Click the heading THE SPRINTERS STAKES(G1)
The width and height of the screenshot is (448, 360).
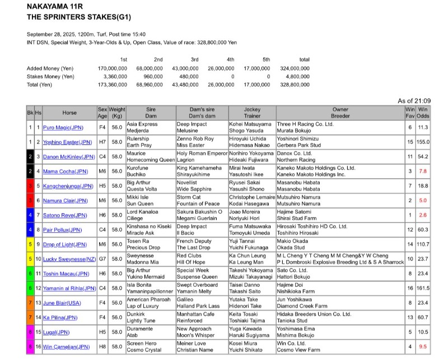point(79,17)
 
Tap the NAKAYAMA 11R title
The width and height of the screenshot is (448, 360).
point(54,6)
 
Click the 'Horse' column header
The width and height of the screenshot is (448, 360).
point(69,112)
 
